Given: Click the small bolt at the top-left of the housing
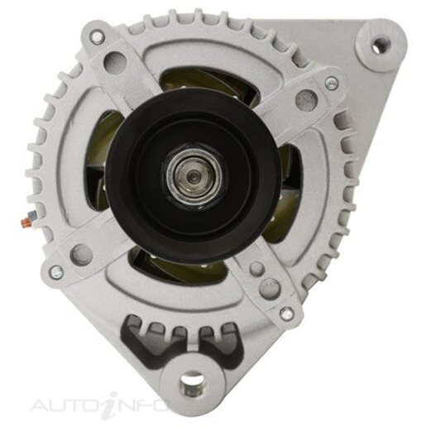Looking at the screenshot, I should [97, 36].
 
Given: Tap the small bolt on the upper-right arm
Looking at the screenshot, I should [331, 83].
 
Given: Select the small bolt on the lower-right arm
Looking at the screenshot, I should [286, 312].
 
